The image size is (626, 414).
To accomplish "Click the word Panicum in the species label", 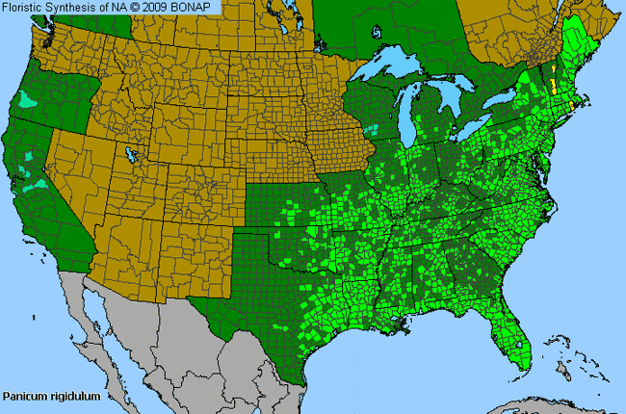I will point(24,396).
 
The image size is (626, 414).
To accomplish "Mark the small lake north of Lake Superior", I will point(377,32).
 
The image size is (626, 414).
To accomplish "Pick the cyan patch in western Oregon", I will point(30,99).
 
